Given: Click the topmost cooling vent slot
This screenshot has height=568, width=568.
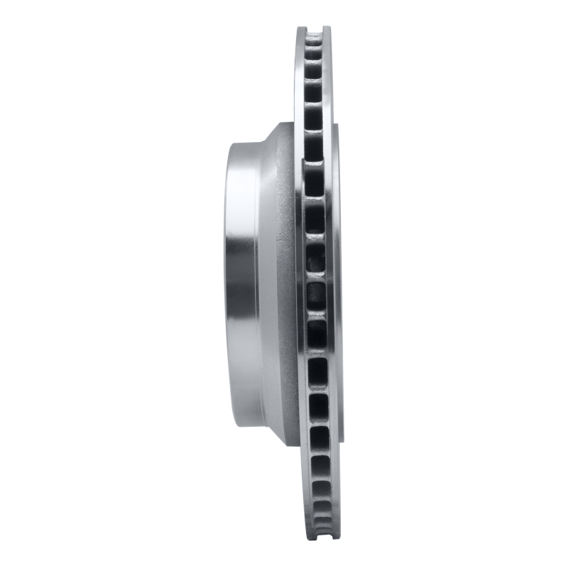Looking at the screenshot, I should click(x=315, y=35).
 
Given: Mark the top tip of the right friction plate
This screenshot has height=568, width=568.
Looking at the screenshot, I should click(x=327, y=28).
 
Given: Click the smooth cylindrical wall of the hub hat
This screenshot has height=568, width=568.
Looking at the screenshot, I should click(x=245, y=284).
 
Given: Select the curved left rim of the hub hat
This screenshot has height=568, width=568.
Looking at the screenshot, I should click(x=228, y=284).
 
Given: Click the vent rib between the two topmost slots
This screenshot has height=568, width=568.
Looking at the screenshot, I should click(x=315, y=45).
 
